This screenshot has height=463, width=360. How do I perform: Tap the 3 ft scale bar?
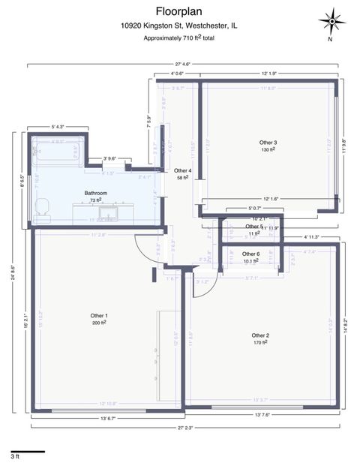[27, 451]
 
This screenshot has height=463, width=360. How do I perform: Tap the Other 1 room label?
[100, 315]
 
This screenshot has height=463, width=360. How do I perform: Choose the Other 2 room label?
[260, 335]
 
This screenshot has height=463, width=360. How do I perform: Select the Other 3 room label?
[268, 143]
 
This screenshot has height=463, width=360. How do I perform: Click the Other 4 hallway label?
[183, 171]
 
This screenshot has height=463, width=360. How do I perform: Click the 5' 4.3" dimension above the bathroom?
[63, 127]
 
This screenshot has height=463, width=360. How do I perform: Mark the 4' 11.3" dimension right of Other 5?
[315, 237]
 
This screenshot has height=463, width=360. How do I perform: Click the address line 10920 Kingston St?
[179, 25]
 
